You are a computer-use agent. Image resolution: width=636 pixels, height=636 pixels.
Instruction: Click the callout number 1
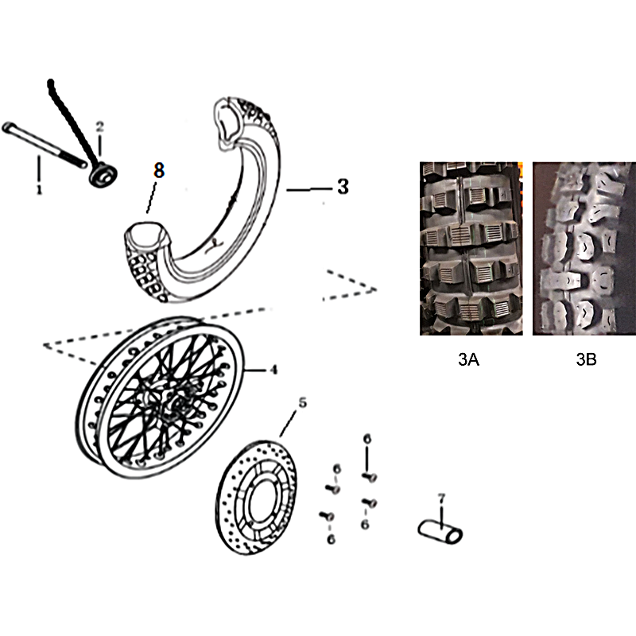tap(39, 189)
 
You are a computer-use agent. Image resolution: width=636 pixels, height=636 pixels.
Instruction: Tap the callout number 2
tap(100, 126)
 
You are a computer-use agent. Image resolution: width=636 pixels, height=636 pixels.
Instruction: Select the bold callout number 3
tap(343, 187)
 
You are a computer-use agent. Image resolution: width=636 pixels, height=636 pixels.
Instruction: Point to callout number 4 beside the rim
tap(273, 370)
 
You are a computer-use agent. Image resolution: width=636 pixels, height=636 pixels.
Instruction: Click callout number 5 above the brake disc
tap(303, 403)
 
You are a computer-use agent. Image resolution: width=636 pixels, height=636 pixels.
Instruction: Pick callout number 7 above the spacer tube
tap(442, 498)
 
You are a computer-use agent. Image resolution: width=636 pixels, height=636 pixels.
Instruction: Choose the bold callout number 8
tap(159, 170)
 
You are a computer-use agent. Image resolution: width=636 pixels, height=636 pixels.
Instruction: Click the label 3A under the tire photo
tap(468, 359)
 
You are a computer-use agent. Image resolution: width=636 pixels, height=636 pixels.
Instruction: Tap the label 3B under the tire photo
tap(586, 359)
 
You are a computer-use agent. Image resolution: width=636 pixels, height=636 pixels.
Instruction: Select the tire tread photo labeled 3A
tap(471, 248)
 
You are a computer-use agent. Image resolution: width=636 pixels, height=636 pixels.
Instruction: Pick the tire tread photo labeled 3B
tap(584, 248)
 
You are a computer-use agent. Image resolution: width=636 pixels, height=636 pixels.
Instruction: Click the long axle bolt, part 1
tap(45, 145)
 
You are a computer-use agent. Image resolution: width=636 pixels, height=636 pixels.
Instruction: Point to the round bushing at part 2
tap(103, 175)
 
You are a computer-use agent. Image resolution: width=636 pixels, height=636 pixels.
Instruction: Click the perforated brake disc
tap(255, 498)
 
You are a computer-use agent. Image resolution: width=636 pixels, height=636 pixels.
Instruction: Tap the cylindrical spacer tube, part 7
tap(440, 532)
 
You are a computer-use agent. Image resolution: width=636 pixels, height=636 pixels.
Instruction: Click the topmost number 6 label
tap(366, 439)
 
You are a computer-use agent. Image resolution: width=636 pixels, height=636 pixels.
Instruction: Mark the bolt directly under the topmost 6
tap(370, 477)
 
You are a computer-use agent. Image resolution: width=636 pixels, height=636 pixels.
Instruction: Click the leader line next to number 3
tap(309, 189)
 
